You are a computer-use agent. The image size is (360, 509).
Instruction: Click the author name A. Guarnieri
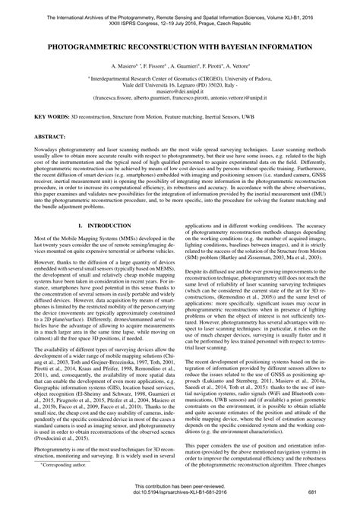pos(171,67)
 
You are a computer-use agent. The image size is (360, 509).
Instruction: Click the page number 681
pos(333,501)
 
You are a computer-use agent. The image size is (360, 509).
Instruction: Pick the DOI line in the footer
pos(180,501)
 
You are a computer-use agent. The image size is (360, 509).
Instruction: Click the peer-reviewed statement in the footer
pos(180,495)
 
